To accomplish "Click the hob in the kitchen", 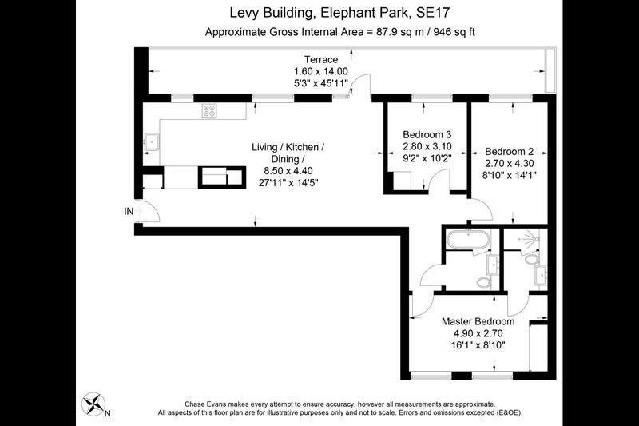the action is coord(209,111).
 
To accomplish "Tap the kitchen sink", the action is coord(152,141).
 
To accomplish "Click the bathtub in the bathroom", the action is coord(468,239).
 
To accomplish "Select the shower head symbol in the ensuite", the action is coord(529,238).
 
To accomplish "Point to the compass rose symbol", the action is coord(93,404).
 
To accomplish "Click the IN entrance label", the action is coord(129,211).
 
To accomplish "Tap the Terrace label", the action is coord(321,59).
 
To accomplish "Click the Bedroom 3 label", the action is coord(427,134).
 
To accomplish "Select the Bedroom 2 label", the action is coord(509,152).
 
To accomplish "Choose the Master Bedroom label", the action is coord(478,321).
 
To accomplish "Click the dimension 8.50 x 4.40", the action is coord(288,171).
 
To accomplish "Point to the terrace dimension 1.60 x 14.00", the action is coord(321,71).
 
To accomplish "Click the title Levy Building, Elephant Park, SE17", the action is coord(339,13).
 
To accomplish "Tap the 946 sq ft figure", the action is coord(454,32).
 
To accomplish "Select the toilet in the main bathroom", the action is coord(484,282).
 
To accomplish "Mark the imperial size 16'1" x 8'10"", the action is coord(478,345).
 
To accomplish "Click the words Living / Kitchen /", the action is coord(288,147).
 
